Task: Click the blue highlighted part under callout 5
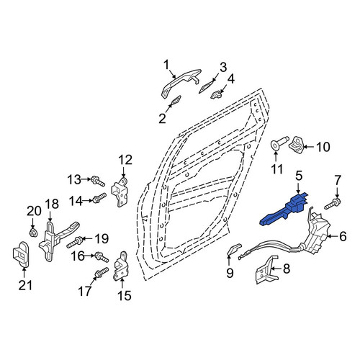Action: point(286,210)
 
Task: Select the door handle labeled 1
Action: point(180,83)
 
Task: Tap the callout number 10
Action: point(323,147)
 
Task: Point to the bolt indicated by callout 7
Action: point(333,204)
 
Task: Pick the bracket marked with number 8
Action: point(266,269)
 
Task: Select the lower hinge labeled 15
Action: point(121,266)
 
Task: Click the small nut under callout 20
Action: point(32,233)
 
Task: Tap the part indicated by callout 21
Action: point(21,254)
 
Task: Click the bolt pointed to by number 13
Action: point(98,181)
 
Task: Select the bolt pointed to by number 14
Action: point(99,198)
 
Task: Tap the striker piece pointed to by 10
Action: point(297,145)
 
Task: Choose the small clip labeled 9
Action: point(234,249)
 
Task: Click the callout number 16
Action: point(78,256)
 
